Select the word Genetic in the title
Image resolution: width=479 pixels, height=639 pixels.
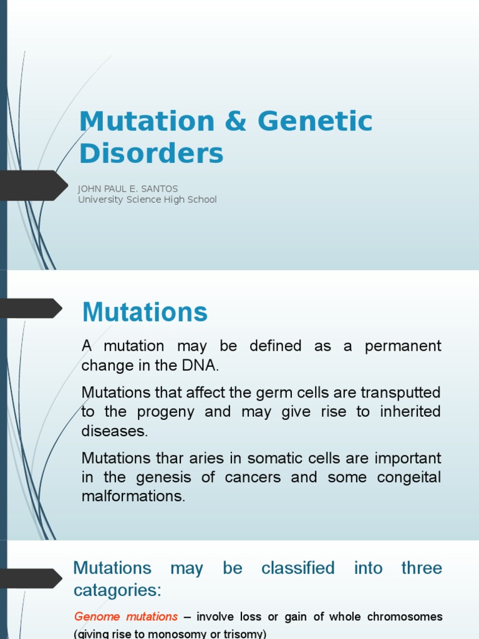[315, 122]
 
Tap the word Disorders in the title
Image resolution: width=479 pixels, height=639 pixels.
[151, 154]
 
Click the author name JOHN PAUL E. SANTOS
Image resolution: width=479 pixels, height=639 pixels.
[128, 189]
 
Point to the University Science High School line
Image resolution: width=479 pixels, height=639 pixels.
[147, 200]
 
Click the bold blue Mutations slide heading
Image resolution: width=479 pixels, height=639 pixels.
[145, 311]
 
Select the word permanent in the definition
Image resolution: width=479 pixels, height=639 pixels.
[402, 346]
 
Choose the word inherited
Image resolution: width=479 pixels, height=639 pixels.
[409, 412]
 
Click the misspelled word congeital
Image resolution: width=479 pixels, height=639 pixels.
[409, 478]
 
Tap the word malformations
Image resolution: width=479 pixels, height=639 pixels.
[133, 497]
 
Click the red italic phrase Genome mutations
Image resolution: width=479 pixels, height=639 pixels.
[126, 617]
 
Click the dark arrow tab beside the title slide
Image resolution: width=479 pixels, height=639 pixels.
[34, 185]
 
